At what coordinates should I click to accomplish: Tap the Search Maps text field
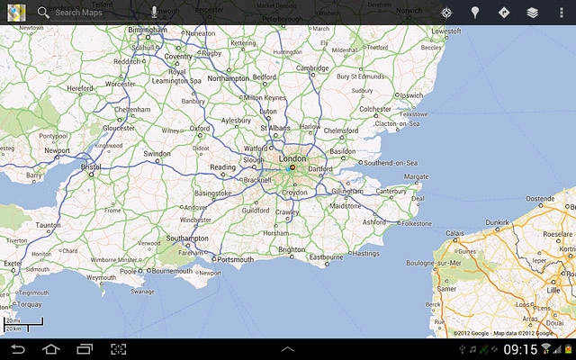point(90,13)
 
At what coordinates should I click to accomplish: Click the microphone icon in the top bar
point(154,13)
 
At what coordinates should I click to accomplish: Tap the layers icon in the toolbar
point(533,13)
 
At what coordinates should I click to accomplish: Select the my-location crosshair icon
point(446,13)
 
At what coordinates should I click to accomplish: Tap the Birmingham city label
point(148,29)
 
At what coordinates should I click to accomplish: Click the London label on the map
point(293,158)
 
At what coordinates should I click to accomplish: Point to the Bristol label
point(91,166)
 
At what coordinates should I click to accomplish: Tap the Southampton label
point(187,238)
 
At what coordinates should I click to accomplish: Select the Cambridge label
point(312,67)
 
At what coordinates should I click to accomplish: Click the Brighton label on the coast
point(292,249)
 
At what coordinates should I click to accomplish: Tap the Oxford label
point(200,129)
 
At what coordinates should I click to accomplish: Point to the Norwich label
point(409,11)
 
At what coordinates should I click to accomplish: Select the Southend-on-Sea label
point(391,163)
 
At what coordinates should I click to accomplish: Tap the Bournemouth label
point(172,270)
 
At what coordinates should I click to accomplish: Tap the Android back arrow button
point(18,348)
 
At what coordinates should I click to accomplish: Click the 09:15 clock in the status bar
point(520,348)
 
